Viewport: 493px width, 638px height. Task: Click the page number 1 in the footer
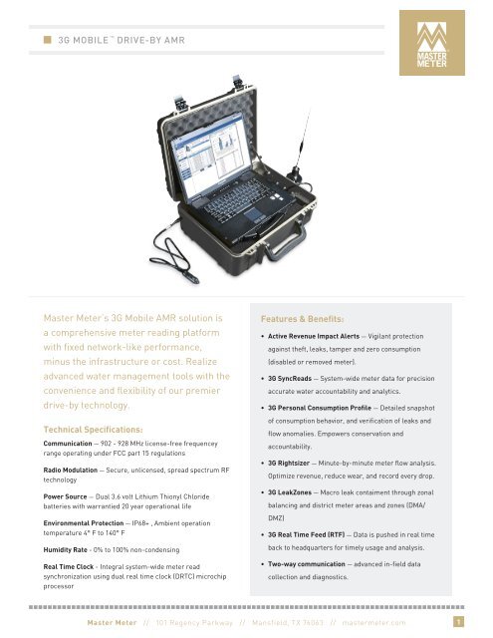[x=456, y=623]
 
